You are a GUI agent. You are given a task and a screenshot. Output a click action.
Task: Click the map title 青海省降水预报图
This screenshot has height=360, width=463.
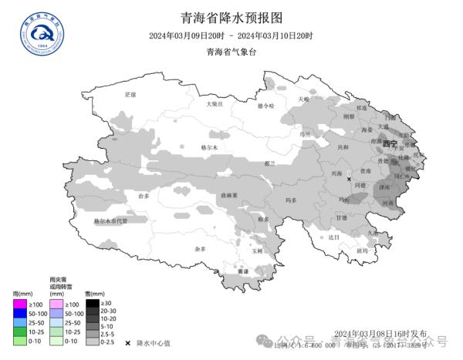[231, 17]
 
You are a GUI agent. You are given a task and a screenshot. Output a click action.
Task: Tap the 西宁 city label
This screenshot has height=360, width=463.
[390, 144]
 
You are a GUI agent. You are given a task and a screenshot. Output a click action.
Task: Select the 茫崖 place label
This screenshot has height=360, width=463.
[130, 94]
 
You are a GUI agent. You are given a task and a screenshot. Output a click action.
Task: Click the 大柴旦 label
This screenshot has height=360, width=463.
[214, 103]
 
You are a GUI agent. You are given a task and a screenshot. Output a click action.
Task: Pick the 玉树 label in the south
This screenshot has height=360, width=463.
[257, 251]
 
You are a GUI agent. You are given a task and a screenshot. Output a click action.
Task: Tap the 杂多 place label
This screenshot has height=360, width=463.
[200, 249]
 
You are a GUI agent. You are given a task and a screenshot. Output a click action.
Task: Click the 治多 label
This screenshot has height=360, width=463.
[143, 197]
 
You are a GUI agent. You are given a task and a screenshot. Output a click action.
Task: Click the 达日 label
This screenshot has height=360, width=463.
[333, 237]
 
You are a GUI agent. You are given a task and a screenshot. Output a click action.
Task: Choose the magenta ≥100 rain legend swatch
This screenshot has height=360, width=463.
[20, 305]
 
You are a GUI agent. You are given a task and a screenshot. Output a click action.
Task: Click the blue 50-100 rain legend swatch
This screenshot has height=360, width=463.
[20, 315]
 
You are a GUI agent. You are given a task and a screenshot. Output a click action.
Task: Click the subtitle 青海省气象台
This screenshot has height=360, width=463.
[231, 52]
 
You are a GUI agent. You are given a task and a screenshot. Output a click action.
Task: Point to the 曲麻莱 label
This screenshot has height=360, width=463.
[228, 196]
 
